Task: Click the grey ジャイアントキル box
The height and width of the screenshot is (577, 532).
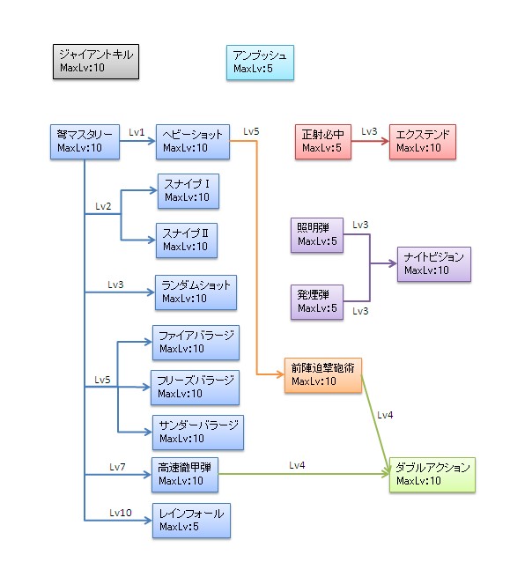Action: [94, 61]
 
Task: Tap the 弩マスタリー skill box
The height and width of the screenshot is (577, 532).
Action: [85, 141]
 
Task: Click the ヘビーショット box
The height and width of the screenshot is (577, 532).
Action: [193, 141]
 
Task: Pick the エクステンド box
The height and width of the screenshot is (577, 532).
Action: [423, 141]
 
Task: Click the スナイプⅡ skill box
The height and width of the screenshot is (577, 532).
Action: [187, 239]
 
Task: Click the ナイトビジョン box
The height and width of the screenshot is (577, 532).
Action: [432, 263]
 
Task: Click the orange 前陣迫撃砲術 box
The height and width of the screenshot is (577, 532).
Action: [322, 374]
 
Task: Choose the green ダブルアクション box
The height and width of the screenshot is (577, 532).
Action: [432, 474]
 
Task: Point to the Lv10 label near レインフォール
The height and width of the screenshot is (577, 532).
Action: [121, 512]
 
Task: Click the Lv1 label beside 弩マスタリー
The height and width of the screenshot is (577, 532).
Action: [137, 131]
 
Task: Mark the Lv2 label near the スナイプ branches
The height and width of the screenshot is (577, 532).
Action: [103, 206]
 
